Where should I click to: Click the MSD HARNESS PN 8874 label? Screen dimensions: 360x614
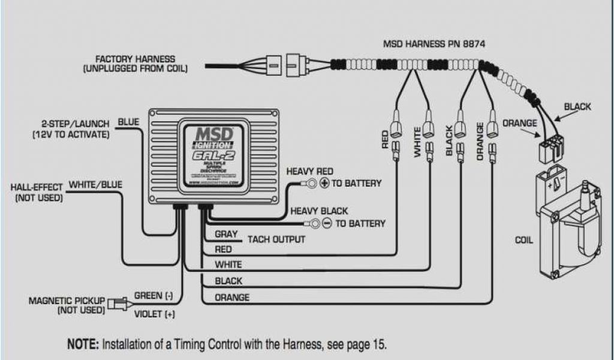click(x=434, y=44)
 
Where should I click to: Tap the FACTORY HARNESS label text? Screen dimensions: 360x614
click(x=136, y=59)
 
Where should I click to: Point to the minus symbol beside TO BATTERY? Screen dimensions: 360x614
click(x=327, y=224)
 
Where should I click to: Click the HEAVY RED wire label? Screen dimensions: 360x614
click(x=309, y=172)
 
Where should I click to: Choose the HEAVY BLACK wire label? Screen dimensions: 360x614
click(x=319, y=211)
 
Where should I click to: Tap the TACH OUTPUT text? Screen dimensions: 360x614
click(x=276, y=239)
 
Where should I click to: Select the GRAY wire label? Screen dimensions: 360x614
click(x=226, y=234)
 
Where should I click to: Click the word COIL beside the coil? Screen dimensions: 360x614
click(x=524, y=241)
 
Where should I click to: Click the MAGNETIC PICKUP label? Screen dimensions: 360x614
click(x=67, y=300)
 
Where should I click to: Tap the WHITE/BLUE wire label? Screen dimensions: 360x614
click(x=96, y=185)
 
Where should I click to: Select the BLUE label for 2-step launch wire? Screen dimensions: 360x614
click(x=128, y=122)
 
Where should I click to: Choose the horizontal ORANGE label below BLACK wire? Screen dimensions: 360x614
click(x=231, y=297)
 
